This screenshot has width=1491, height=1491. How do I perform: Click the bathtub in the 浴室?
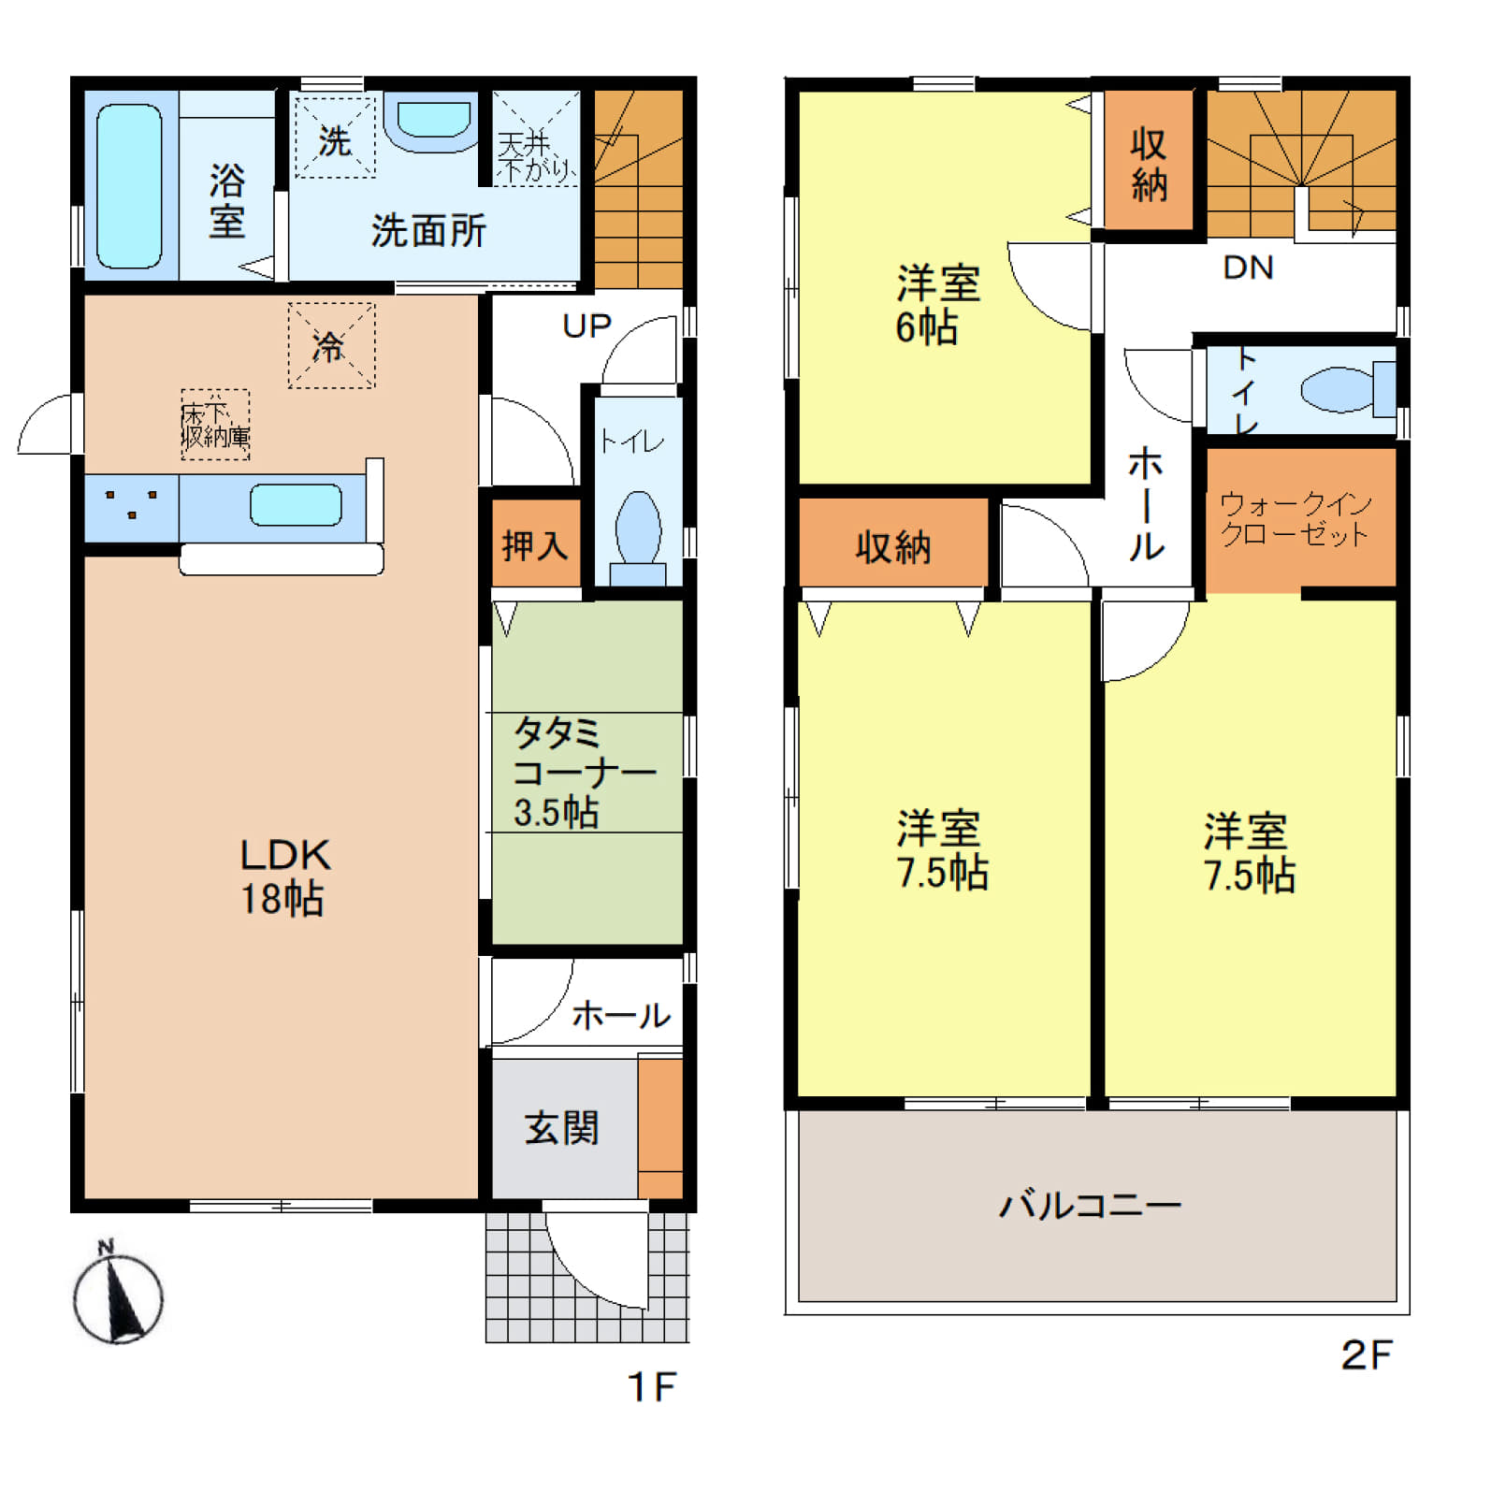129,186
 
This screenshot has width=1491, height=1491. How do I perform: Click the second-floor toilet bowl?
1348,390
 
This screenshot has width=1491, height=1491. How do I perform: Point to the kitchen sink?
296,505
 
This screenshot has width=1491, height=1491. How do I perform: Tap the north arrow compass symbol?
118,1293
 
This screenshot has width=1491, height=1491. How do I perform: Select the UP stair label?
586,326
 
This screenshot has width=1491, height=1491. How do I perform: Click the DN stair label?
1248,268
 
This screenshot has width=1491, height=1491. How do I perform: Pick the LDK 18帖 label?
283,876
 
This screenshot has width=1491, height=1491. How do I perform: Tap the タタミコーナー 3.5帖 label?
584,773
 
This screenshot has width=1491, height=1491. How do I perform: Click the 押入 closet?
536,544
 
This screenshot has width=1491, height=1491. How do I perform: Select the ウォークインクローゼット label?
1296,519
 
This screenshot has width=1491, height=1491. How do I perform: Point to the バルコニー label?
1091,1205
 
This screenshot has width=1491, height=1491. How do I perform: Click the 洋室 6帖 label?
938,305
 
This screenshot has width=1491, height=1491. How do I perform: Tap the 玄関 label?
561,1128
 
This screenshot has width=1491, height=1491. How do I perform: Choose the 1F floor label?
651,1387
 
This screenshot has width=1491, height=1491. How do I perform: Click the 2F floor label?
1367,1355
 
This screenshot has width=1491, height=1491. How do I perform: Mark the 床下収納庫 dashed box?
215,425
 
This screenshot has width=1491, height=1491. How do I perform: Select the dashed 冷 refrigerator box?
332,345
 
